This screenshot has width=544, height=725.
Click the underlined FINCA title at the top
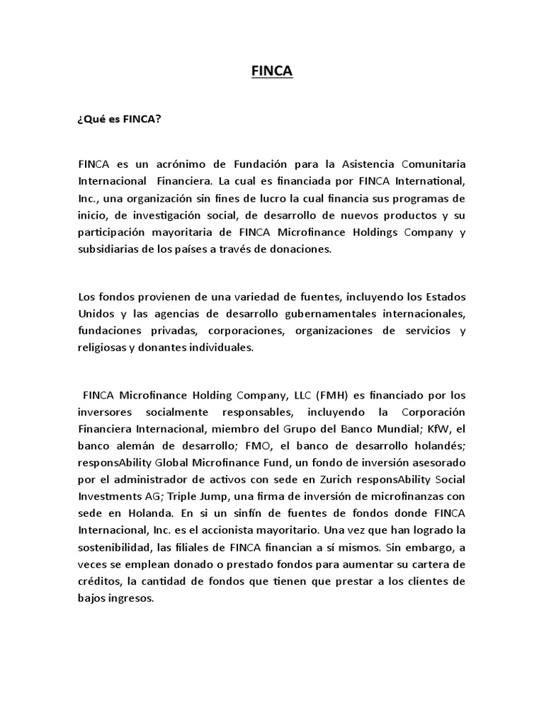pyautogui.click(x=273, y=72)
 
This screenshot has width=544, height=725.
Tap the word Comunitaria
pyautogui.click(x=428, y=165)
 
